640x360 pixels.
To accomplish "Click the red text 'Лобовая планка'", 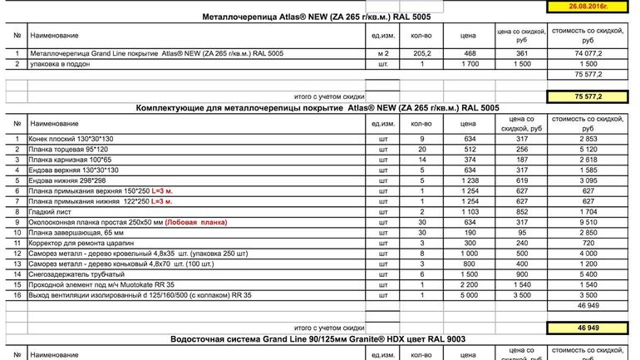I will pos(198,223).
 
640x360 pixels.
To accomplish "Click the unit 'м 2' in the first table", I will pos(382,52).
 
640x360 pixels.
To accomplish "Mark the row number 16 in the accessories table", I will pos(17,294).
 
